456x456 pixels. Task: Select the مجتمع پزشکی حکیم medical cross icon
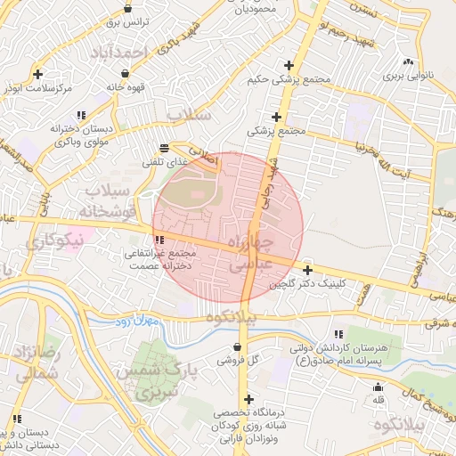288,65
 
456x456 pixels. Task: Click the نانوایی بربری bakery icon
408,61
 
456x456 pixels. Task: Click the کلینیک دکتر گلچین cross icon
307,270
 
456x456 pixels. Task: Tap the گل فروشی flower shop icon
237,346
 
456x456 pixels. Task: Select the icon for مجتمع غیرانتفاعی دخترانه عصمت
159,240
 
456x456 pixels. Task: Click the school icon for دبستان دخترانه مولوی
81,115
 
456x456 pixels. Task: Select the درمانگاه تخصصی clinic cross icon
248,399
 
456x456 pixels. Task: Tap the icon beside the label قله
378,387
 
